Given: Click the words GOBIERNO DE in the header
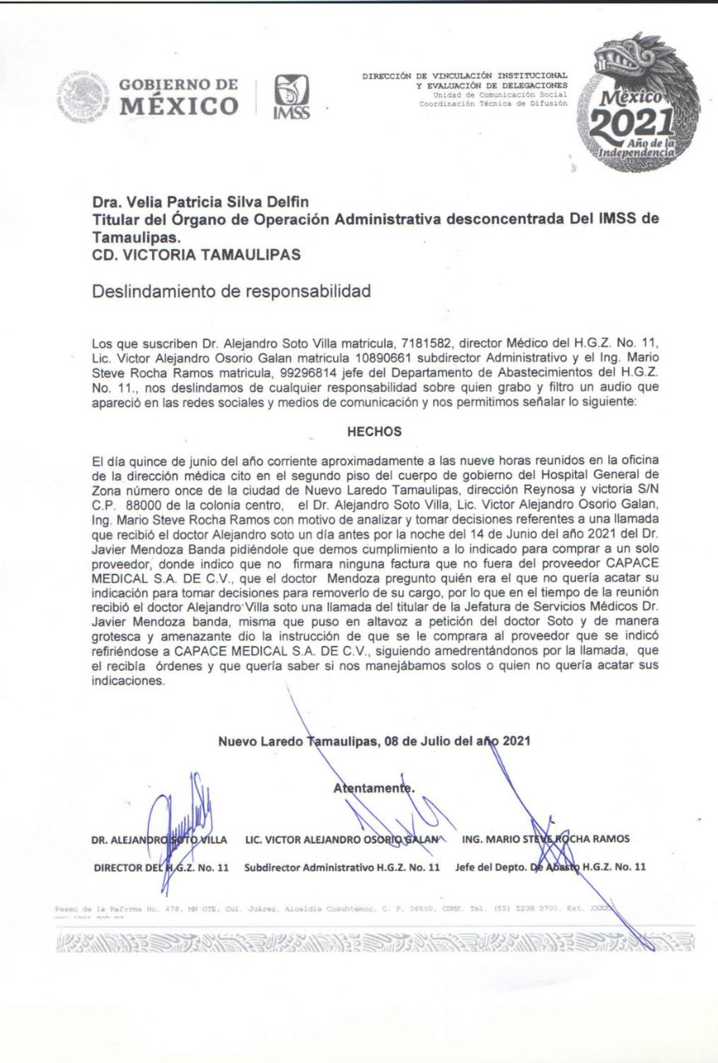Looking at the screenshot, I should pyautogui.click(x=179, y=85).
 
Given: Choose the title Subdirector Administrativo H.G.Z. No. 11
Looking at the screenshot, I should pyautogui.click(x=342, y=868).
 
